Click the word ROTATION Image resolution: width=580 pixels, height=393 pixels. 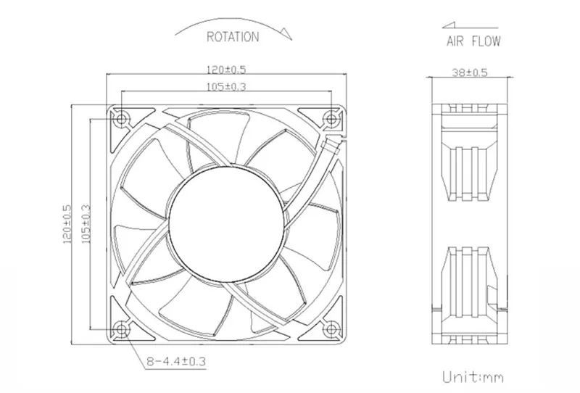click(233, 37)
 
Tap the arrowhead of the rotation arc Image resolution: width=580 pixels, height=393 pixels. click(286, 33)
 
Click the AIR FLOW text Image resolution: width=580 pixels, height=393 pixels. click(473, 41)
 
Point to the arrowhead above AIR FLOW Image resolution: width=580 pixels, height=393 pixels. click(449, 25)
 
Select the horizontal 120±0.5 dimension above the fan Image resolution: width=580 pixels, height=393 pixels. click(226, 70)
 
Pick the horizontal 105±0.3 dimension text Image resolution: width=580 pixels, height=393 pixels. click(226, 86)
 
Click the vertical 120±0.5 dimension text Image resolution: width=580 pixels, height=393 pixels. click(67, 224)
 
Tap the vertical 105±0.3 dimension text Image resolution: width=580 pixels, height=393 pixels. click(86, 224)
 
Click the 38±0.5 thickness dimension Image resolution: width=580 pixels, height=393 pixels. click(470, 73)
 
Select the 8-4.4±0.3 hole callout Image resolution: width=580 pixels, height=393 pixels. click(176, 361)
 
